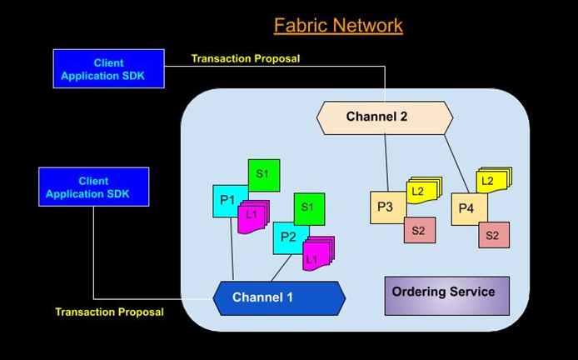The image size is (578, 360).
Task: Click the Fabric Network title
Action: [338, 26]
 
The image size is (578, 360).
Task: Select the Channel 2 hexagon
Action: [385, 117]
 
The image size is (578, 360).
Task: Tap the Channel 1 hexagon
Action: [279, 298]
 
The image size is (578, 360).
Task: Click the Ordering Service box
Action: [446, 296]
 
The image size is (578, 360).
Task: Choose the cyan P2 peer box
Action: [289, 237]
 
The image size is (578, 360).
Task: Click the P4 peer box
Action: [467, 209]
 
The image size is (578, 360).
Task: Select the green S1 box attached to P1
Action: [264, 175]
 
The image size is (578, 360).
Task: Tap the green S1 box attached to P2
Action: [309, 209]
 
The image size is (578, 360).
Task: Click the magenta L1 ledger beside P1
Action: [253, 217]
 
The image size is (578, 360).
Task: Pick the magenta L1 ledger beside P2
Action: [318, 253]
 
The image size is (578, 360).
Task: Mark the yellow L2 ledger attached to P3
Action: [424, 190]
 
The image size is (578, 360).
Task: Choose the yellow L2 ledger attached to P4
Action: [494, 180]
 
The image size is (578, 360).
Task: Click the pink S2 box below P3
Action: [420, 230]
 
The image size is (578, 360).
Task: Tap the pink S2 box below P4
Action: [494, 235]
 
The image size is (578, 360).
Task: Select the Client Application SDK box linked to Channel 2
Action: [109, 69]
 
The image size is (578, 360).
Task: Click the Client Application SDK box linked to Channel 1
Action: [94, 187]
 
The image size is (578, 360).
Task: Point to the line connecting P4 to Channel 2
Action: [456, 164]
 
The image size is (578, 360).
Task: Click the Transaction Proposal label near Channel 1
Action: [109, 312]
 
